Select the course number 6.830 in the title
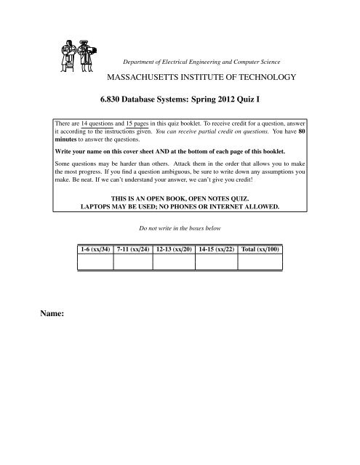121,103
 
